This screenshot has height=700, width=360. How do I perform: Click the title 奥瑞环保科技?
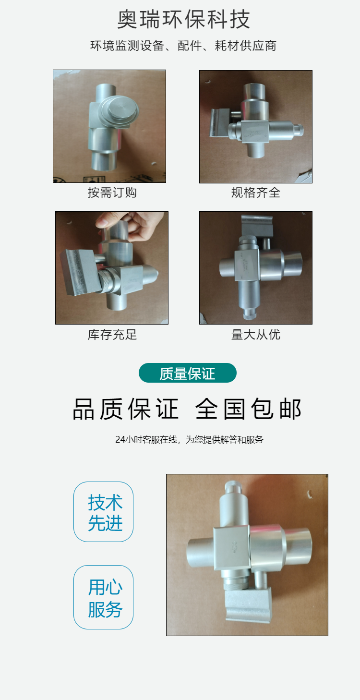click(x=183, y=19)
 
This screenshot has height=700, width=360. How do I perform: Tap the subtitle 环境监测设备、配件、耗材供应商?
click(x=183, y=46)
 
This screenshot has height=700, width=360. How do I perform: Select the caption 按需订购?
click(x=112, y=193)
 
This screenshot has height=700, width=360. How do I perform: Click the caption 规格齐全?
click(x=256, y=193)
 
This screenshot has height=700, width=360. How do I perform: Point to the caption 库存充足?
click(x=112, y=335)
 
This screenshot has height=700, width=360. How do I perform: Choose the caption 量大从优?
click(x=256, y=335)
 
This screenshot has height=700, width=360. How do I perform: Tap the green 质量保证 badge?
click(x=188, y=373)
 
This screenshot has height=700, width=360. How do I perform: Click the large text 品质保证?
click(x=126, y=409)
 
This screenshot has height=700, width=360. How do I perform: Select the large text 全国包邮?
click(x=249, y=409)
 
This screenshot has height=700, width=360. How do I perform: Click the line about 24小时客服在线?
click(x=189, y=439)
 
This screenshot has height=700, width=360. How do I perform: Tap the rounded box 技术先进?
click(x=103, y=512)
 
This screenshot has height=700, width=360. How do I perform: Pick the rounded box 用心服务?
click(x=103, y=597)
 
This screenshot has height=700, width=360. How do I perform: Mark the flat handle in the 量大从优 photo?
click(x=257, y=226)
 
